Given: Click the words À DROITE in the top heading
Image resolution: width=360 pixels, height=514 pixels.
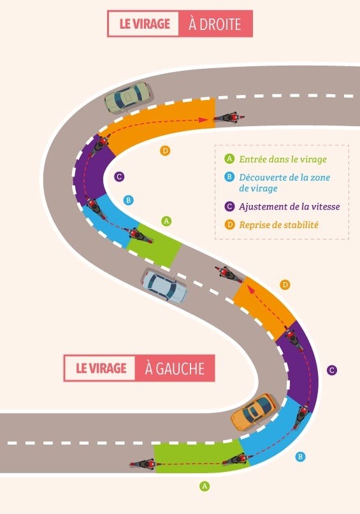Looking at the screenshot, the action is [x=215, y=24].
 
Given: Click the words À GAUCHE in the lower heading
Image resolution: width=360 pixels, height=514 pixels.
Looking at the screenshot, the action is [x=175, y=368].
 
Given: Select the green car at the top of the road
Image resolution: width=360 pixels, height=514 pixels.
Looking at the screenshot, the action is [x=129, y=97].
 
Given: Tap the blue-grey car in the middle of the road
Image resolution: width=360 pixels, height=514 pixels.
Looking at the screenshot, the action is [x=164, y=285].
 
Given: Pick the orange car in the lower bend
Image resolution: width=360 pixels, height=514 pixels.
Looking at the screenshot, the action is [x=254, y=412].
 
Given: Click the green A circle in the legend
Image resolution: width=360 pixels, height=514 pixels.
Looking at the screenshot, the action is [x=229, y=159].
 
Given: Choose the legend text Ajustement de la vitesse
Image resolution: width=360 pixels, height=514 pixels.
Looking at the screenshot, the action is [x=289, y=206].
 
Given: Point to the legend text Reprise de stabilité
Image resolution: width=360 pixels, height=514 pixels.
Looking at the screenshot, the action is [x=278, y=225].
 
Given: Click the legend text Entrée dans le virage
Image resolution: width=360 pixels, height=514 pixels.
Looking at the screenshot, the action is [x=283, y=159].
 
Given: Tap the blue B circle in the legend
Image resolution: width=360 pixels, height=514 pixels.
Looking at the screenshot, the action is [x=229, y=177].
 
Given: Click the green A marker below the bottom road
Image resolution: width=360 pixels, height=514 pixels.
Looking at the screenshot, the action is [x=205, y=486].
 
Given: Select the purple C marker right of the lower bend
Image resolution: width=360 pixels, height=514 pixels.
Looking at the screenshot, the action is [x=332, y=370].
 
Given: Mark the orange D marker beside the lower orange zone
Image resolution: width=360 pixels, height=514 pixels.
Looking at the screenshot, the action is [x=285, y=285].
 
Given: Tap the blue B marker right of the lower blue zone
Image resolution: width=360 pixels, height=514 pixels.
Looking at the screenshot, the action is [x=300, y=457].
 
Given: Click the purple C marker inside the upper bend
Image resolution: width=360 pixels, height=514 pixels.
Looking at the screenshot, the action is [x=119, y=176].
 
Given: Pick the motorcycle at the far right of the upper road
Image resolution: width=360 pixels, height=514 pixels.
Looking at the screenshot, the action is [x=229, y=118].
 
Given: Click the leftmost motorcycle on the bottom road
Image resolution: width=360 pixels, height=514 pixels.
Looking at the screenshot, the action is [x=143, y=464].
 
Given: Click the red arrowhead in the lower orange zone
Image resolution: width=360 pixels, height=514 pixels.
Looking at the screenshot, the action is [x=250, y=289].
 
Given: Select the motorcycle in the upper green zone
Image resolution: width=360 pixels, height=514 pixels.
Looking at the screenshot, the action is [x=140, y=235].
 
